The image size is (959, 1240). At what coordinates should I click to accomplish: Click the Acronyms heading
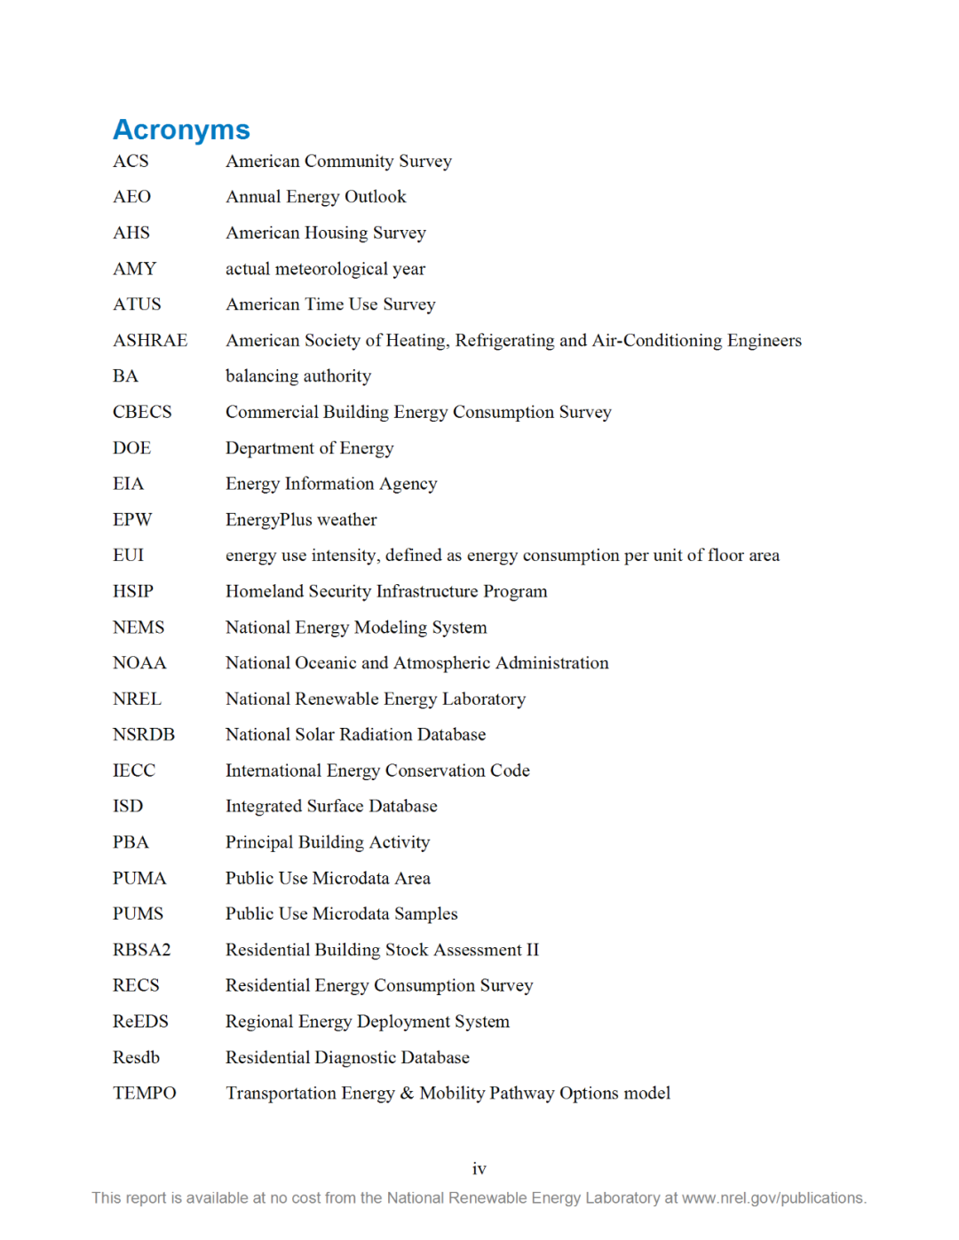[x=181, y=130]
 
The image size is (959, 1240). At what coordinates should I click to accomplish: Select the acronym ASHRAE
[x=150, y=341]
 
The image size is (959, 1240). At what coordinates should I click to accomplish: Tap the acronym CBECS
[x=142, y=412]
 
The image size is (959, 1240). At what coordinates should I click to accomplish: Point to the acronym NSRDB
[x=144, y=735]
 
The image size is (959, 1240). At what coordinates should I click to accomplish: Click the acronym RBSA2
[x=141, y=950]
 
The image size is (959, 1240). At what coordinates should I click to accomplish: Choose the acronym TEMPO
[x=144, y=1094]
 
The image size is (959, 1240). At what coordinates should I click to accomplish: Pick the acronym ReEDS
[x=140, y=1022]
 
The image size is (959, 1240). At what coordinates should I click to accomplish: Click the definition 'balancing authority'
[x=298, y=376]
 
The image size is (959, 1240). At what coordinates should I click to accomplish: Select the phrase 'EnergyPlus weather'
[x=301, y=520]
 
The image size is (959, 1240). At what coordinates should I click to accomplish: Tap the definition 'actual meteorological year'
[x=325, y=269]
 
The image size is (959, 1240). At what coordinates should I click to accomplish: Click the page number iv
[x=479, y=1169]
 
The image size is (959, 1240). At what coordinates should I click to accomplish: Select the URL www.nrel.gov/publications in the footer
[x=773, y=1198]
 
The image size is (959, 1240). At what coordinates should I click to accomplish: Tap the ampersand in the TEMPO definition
[x=407, y=1094]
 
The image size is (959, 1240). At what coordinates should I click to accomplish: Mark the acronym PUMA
[x=139, y=879]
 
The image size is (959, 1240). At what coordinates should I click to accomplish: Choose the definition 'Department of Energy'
[x=309, y=448]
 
